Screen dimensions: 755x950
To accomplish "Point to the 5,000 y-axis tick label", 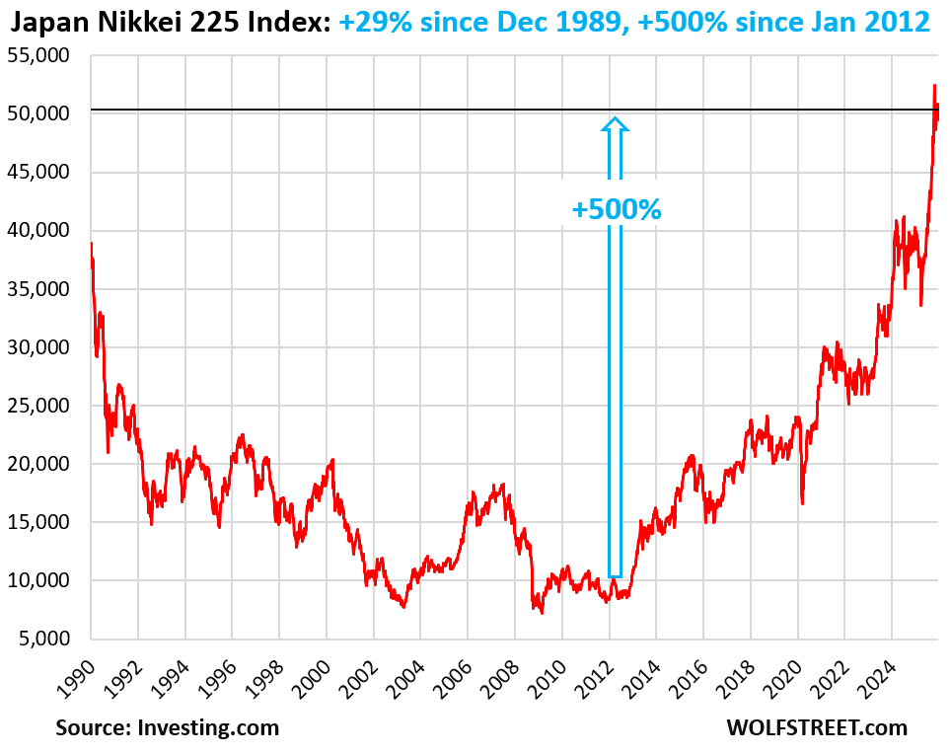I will tap(44, 639).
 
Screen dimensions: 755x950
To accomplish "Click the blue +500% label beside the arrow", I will tap(617, 209).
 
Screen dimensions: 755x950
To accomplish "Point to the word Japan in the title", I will tap(38, 22).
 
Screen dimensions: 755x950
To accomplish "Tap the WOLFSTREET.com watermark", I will tap(816, 728).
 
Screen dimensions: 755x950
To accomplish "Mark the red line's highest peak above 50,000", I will tap(934, 86).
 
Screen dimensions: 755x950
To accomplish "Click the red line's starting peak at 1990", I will tap(92, 244).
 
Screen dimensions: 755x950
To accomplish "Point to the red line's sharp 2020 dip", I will tap(802, 503).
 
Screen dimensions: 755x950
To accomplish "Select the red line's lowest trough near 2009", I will tap(542, 613).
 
